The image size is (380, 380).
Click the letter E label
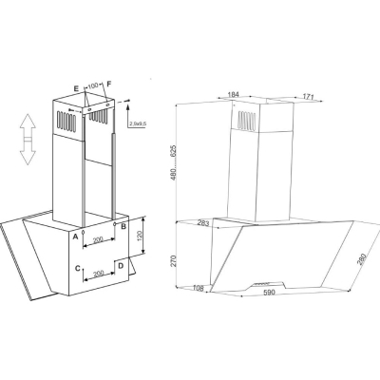point(76,89)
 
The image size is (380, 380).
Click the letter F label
point(109,84)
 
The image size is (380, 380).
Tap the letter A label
point(76,237)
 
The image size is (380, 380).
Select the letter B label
point(123,226)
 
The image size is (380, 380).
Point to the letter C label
point(78,269)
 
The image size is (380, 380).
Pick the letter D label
point(121,266)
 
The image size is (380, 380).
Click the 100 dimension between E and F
point(93,85)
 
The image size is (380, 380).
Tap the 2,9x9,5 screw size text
point(138,123)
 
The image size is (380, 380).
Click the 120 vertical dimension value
point(140,236)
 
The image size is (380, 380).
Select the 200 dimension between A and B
point(99,240)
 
